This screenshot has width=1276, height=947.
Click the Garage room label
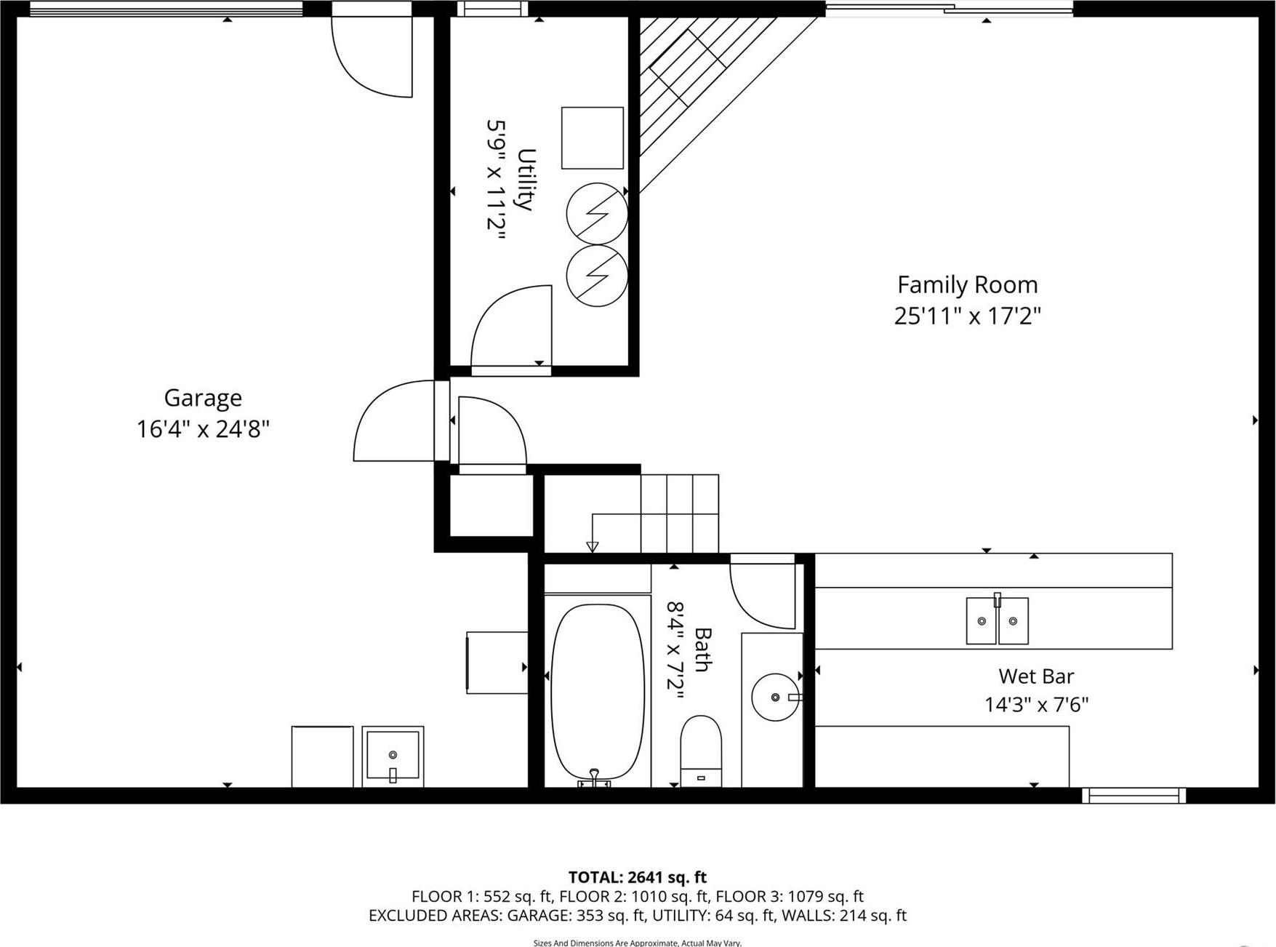[202, 398]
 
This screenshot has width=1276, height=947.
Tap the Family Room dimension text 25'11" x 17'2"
[967, 316]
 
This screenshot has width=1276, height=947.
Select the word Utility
[526, 179]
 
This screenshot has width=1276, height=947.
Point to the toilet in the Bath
[701, 749]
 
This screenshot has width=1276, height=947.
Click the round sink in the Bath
[775, 697]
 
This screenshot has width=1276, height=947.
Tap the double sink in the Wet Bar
[997, 620]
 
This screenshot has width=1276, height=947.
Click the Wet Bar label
[1035, 676]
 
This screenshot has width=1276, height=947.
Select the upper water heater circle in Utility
[597, 213]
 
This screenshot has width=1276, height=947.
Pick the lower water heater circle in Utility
[597, 276]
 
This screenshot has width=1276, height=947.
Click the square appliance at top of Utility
[592, 138]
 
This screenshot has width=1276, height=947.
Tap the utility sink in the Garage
[393, 756]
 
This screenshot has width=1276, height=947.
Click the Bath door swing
[763, 593]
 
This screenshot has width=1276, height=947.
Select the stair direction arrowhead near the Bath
[593, 546]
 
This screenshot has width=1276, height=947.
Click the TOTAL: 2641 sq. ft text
[637, 877]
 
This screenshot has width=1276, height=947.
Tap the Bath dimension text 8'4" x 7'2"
[676, 650]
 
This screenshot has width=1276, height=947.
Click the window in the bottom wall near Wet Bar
[1133, 796]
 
